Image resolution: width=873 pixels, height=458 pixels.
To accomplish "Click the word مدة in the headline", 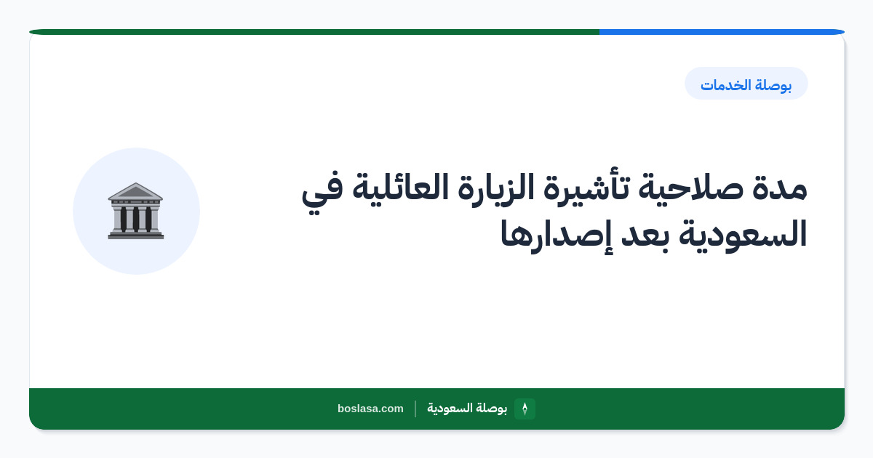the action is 779,190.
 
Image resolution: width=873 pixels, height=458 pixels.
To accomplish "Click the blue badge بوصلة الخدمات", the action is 746,84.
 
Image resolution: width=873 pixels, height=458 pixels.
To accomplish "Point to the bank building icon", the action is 136,211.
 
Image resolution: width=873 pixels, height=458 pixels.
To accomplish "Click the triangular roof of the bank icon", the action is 135,191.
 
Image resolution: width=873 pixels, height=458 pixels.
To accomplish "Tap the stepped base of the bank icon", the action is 136,235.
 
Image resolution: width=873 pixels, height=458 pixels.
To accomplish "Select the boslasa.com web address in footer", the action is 370,409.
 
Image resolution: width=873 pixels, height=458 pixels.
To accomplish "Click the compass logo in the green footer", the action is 525,409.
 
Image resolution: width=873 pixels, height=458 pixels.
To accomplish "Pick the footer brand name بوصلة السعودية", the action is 467,408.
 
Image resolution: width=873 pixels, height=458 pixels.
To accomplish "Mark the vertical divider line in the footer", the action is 415,409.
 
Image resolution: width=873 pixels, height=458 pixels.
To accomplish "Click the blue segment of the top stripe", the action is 722,32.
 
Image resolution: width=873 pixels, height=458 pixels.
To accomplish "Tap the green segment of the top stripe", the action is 314,32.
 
